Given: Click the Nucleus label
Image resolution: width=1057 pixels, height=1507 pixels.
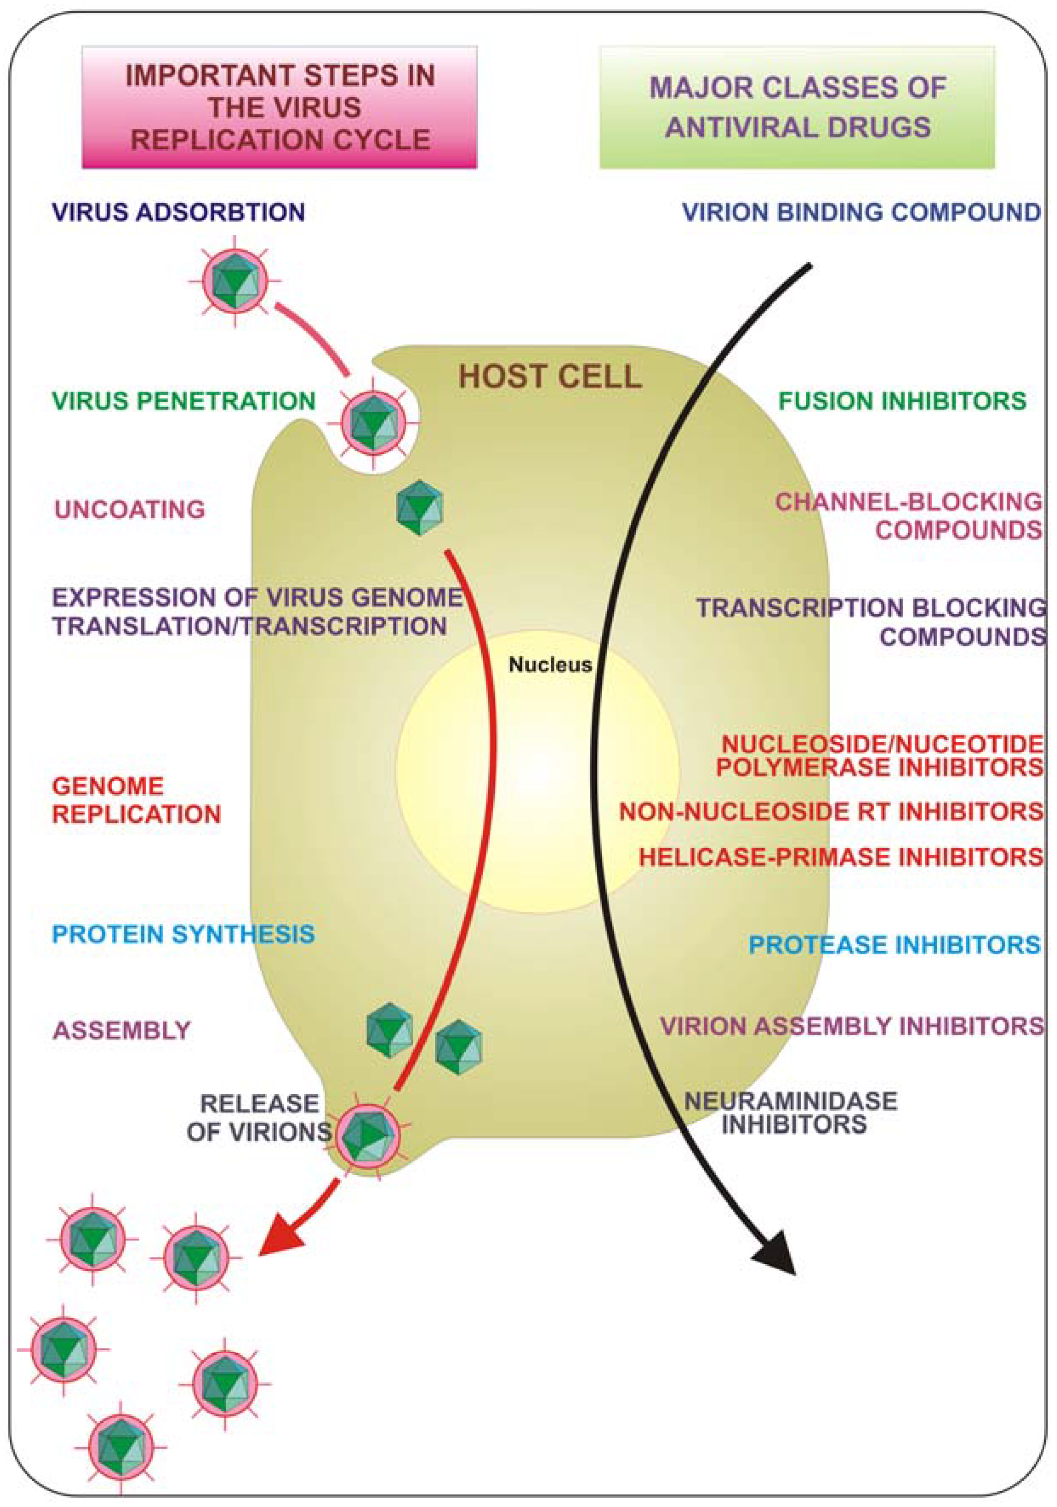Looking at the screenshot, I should [550, 665].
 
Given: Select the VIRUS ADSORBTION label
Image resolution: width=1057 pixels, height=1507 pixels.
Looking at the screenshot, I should [179, 212].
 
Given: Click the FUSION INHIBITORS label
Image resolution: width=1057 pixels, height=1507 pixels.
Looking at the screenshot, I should [902, 401].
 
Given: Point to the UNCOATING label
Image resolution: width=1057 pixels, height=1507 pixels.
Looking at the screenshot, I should [130, 509].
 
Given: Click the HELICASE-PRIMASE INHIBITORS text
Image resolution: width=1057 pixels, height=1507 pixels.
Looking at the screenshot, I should [841, 856].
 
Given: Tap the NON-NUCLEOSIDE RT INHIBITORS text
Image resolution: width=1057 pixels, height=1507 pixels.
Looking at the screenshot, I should [831, 812].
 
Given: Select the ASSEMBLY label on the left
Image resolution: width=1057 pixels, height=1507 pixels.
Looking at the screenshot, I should [122, 1030].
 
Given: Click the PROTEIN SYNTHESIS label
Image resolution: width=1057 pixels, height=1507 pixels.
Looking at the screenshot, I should [184, 934].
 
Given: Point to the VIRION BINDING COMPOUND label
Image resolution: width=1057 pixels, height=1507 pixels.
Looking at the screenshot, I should [861, 212].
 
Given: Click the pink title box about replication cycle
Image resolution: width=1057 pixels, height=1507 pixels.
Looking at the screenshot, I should [279, 107].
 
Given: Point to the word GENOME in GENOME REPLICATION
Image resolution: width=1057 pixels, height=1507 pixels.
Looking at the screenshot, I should [108, 786].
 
